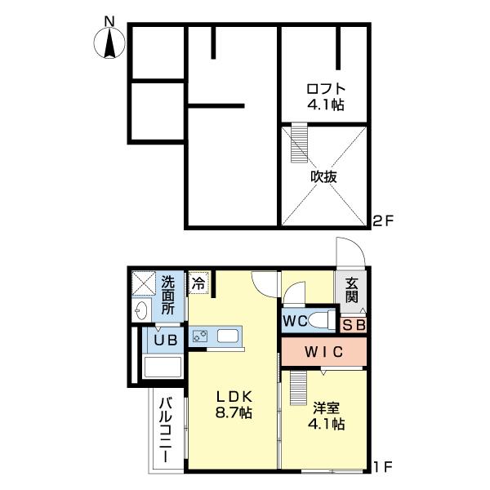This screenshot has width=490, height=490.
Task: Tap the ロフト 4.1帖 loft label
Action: pos(326,96)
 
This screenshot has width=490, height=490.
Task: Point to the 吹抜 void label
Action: pos(324,176)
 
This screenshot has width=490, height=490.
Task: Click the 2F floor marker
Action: pos(384,220)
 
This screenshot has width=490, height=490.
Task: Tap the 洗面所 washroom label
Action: pos(168,295)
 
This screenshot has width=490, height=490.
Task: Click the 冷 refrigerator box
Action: pos(198,283)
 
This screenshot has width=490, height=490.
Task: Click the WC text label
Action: pos(296,320)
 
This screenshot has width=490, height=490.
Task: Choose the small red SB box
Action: pos(354,325)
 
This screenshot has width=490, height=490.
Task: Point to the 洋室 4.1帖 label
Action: pos(325,415)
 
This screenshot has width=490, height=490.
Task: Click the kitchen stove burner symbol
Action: pos(199,336)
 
